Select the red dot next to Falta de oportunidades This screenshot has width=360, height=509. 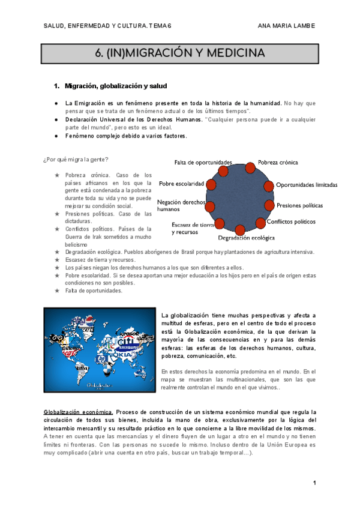[x=224, y=171]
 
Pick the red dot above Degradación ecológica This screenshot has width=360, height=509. [x=239, y=229]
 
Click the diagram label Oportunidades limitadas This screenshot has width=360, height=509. [x=306, y=185]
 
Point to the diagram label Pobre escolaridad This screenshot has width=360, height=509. [x=179, y=184]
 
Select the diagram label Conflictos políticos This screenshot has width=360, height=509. [x=291, y=221]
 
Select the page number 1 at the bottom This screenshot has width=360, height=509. [x=314, y=483]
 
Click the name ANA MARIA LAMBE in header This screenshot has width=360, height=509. [x=286, y=26]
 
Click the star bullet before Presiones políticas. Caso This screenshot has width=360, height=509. [x=56, y=214]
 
